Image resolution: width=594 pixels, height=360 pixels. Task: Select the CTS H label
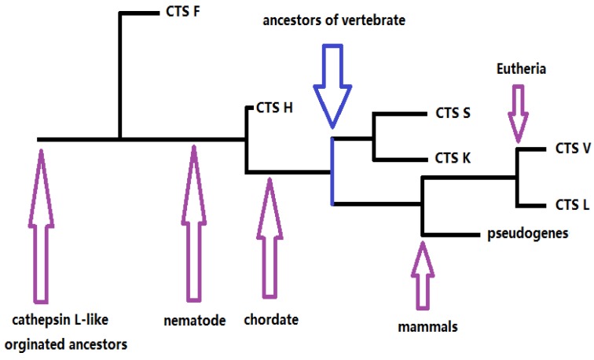coord(274,108)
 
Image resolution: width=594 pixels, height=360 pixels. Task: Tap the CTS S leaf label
coord(453,113)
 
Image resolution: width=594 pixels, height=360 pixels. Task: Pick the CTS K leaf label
coord(453,159)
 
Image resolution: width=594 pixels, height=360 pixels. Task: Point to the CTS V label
coord(573,147)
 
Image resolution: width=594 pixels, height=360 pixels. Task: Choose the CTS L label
coord(572,206)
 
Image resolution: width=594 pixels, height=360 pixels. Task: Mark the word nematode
coord(193,321)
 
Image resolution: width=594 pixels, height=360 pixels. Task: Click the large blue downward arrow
coord(332,83)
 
